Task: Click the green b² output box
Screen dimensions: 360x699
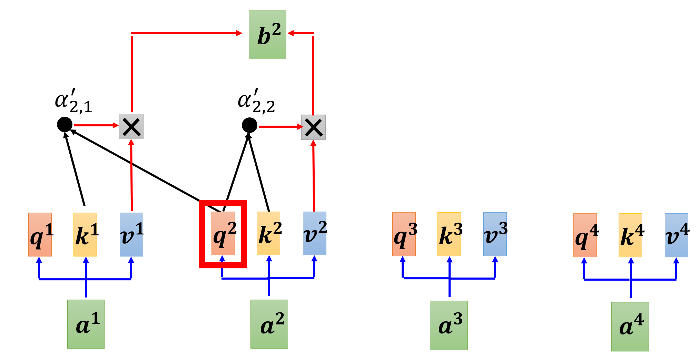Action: [x=267, y=35]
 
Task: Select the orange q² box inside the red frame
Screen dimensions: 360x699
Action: [x=223, y=234]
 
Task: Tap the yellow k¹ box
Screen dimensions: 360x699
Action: [x=85, y=234]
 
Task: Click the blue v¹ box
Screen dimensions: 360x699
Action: [x=131, y=234]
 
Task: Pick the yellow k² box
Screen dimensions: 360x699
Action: [x=268, y=234]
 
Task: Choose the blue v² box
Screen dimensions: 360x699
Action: [x=314, y=234]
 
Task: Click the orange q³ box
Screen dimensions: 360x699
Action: [x=404, y=234]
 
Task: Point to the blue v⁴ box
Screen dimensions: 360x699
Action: [x=676, y=235]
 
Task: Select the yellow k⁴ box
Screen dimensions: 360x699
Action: [x=630, y=235]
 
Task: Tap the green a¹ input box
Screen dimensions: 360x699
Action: [x=86, y=324]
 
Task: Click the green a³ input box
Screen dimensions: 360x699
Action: [x=449, y=325]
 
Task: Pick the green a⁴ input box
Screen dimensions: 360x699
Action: [x=630, y=327]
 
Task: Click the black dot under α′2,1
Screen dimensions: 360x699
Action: [x=65, y=124]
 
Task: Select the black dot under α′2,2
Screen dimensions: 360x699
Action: [x=249, y=125]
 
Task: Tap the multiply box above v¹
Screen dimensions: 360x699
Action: [x=131, y=127]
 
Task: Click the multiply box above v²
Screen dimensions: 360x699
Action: [x=313, y=127]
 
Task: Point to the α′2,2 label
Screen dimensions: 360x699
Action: [x=256, y=101]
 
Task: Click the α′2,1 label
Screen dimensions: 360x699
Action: [x=73, y=101]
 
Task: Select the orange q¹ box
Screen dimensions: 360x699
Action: [x=40, y=234]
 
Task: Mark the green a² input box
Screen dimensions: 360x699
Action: [x=269, y=324]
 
